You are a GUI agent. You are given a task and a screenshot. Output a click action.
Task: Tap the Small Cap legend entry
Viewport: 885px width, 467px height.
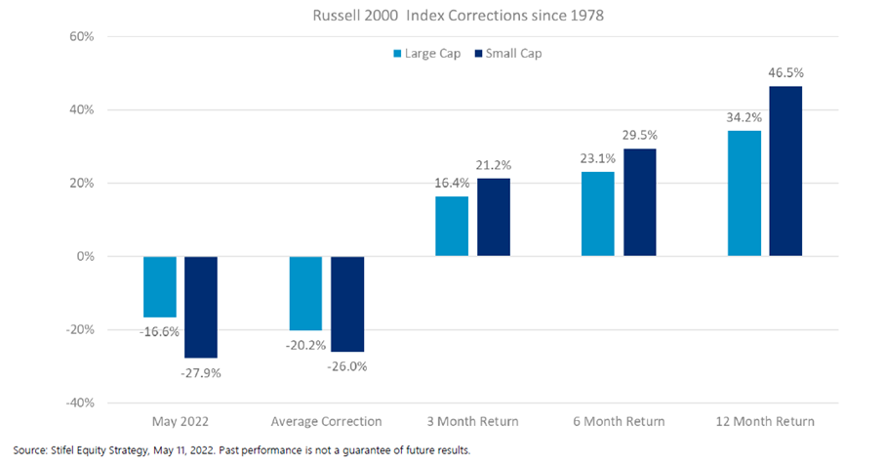(505, 53)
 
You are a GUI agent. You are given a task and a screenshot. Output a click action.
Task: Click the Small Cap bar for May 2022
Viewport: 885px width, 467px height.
(200, 307)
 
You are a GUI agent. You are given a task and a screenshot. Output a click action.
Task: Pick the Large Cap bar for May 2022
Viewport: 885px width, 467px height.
(160, 286)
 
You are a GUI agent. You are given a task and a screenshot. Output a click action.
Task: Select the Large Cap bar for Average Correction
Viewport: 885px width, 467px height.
(306, 293)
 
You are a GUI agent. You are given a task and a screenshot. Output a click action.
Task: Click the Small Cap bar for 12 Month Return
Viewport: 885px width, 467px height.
(785, 171)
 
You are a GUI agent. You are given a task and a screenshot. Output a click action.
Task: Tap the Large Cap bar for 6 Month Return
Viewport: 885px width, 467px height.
(598, 214)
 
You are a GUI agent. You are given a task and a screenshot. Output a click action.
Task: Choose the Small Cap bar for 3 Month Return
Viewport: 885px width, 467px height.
(493, 217)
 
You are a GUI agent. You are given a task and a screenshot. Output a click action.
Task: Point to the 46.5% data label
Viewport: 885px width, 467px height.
(785, 73)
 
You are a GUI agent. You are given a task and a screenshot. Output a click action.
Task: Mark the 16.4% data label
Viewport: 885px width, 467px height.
(453, 183)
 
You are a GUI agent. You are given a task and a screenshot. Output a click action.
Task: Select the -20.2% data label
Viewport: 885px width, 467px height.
(306, 344)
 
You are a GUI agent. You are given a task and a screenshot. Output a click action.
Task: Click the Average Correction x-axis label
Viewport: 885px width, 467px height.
(326, 421)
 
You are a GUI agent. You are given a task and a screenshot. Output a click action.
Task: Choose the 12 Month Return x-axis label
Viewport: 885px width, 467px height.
(764, 421)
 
